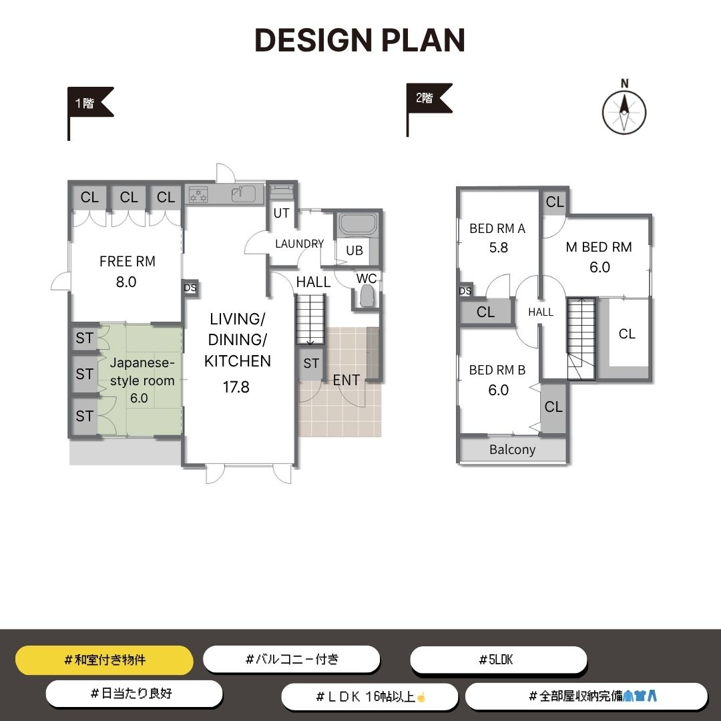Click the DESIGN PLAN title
(x=360, y=40)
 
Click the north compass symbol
(x=624, y=109)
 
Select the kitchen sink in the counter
(x=243, y=194)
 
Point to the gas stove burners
(x=198, y=194)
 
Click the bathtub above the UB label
(x=357, y=224)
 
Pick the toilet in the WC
(x=367, y=296)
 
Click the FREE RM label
(x=128, y=262)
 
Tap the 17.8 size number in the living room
(x=236, y=387)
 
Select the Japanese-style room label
(x=142, y=372)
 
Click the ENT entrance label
(x=346, y=381)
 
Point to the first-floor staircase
(x=310, y=320)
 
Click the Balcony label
(x=512, y=450)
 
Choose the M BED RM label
(x=599, y=247)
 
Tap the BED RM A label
(x=497, y=228)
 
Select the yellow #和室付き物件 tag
(x=104, y=660)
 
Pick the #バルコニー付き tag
(x=292, y=660)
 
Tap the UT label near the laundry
(x=282, y=214)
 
